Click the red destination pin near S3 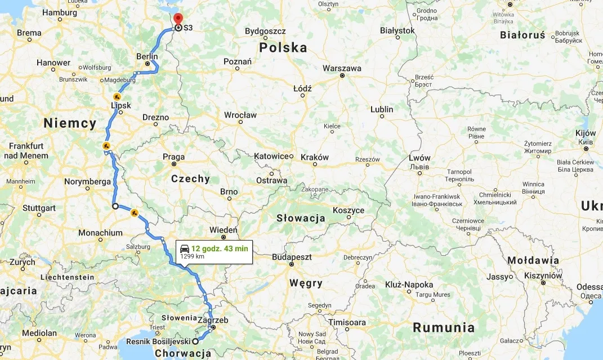coord(178,19)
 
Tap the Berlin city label coord(147,56)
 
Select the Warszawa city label coord(342,68)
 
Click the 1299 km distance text coord(192,256)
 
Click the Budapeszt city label coord(292,256)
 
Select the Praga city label coord(173,157)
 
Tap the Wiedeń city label coord(224,230)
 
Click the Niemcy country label coord(70,123)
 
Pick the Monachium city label coord(100,233)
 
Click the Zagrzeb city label coord(214,320)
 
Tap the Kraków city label coord(315,157)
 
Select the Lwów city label coord(419,158)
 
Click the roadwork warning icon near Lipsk coord(117,96)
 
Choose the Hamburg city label coord(60,12)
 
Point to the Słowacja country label coord(301,218)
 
